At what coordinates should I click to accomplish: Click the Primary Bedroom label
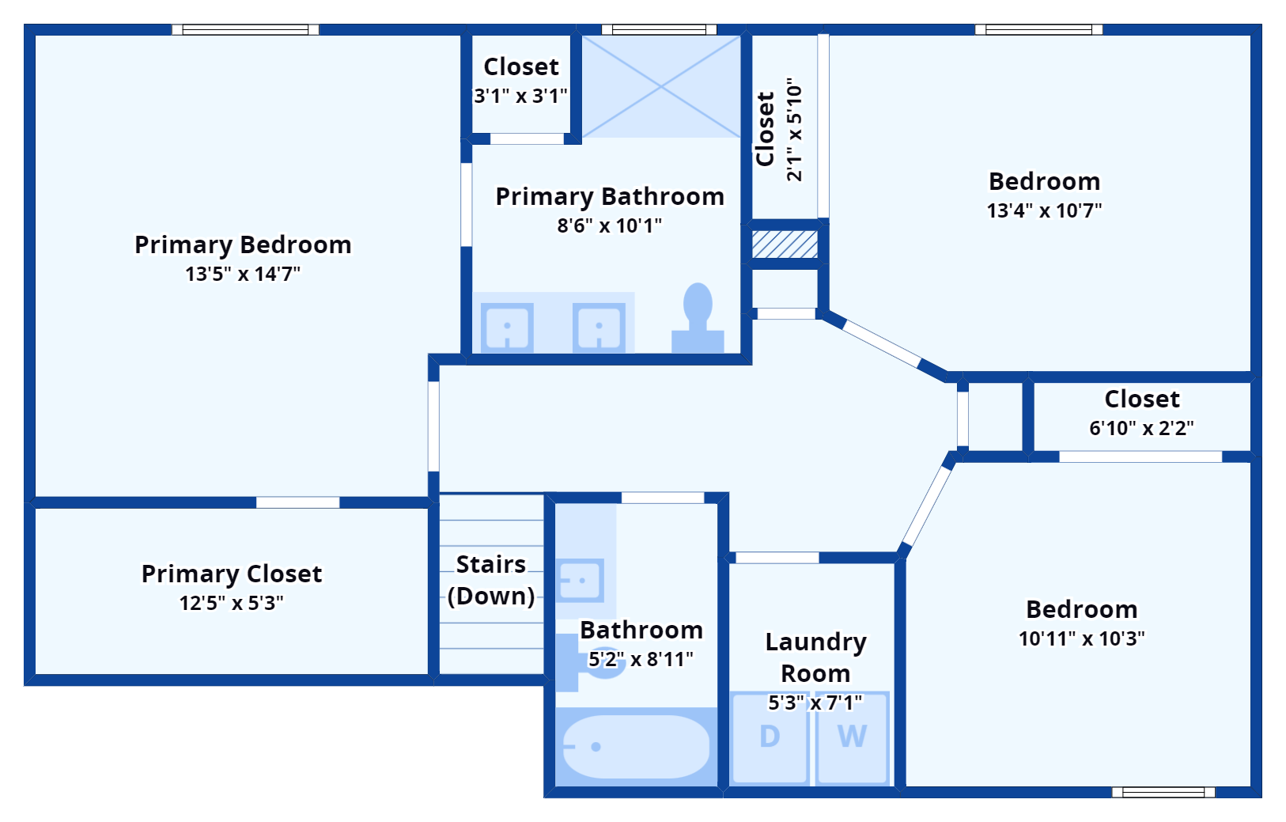click(243, 244)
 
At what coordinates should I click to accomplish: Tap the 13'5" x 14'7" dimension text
click(243, 274)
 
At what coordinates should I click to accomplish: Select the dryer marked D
click(770, 737)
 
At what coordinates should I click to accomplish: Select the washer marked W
click(852, 737)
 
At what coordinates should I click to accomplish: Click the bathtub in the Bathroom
click(635, 747)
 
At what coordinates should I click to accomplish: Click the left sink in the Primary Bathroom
click(507, 327)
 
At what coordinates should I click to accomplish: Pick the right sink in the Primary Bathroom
click(599, 327)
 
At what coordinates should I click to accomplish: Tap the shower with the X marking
click(661, 86)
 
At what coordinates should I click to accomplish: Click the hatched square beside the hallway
click(785, 244)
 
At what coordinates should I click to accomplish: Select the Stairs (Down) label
click(491, 580)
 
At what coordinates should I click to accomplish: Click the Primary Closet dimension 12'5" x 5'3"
click(231, 603)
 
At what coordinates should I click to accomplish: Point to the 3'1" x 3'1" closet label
click(521, 96)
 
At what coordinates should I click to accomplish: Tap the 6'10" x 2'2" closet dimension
click(1141, 428)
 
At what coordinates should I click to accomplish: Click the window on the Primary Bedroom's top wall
click(245, 30)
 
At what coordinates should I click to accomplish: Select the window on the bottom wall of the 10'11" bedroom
click(1163, 792)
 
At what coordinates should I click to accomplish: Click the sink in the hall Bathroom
click(580, 580)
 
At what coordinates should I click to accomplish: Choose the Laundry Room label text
click(815, 657)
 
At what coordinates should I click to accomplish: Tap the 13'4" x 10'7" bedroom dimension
click(1044, 210)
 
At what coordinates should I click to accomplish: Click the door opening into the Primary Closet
click(297, 502)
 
